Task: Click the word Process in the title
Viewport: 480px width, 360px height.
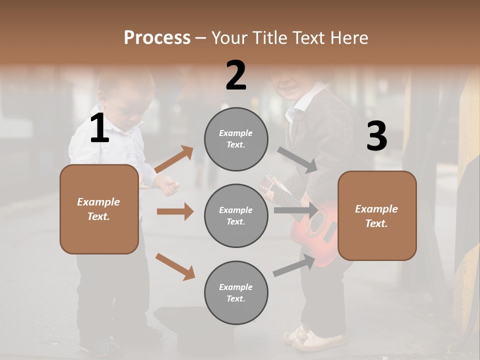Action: point(157,38)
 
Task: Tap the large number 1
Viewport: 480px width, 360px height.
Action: point(99,129)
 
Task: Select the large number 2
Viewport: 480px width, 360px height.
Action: point(236,75)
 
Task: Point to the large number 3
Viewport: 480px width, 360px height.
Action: point(376,136)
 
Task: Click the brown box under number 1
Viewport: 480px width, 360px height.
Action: point(99,209)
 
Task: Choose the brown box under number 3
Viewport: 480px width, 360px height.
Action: point(377,216)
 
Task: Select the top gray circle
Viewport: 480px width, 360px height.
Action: point(236,139)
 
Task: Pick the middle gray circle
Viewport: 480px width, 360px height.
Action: point(236,215)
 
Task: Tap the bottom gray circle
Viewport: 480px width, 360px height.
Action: point(236,292)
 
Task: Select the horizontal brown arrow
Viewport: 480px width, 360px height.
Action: point(175,211)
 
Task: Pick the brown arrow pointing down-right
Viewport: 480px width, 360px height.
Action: point(175,266)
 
